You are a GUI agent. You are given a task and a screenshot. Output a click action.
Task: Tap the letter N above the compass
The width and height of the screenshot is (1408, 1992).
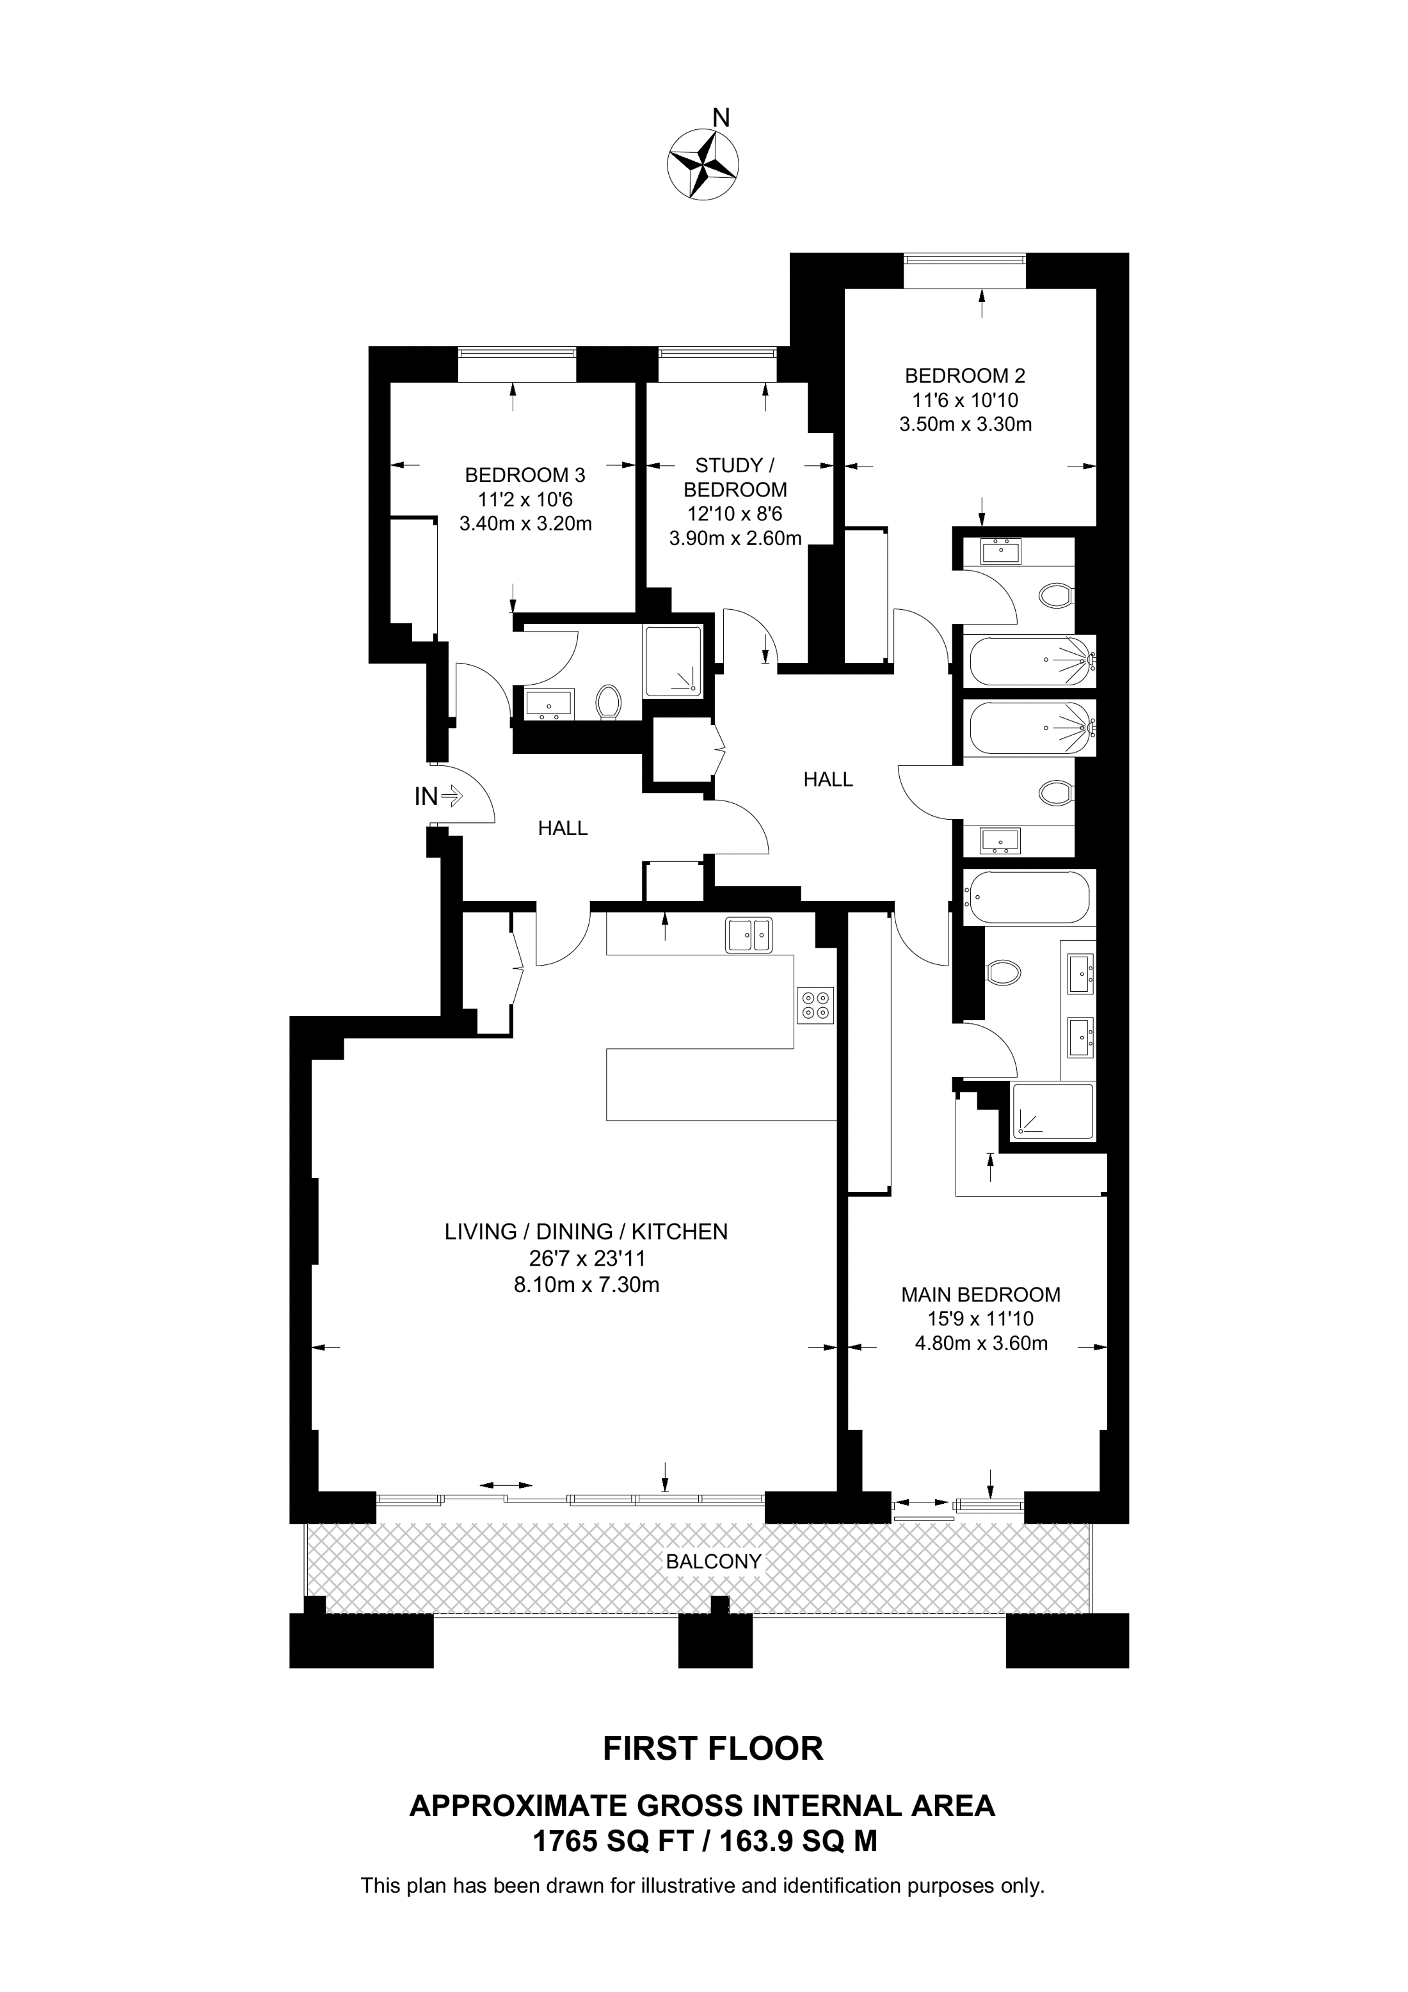(720, 117)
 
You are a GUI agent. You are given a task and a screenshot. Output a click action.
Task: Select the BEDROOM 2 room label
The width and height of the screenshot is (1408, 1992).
(964, 376)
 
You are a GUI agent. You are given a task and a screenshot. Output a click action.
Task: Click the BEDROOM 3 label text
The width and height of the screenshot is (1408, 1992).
(525, 475)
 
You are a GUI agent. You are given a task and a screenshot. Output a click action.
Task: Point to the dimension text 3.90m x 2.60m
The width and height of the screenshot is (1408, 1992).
(735, 539)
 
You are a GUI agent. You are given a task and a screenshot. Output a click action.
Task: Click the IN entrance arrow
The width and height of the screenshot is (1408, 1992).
(452, 795)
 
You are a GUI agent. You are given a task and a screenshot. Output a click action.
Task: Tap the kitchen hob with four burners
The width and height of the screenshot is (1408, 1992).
(815, 1005)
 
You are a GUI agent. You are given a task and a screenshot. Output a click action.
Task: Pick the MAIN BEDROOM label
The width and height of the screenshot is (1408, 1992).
(980, 1295)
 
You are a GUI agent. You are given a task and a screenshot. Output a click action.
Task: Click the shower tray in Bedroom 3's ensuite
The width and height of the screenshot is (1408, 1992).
(673, 660)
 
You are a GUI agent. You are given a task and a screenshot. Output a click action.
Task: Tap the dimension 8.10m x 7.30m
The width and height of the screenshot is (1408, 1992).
(586, 1285)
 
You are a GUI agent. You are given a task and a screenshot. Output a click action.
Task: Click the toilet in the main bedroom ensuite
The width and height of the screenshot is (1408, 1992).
(1002, 972)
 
